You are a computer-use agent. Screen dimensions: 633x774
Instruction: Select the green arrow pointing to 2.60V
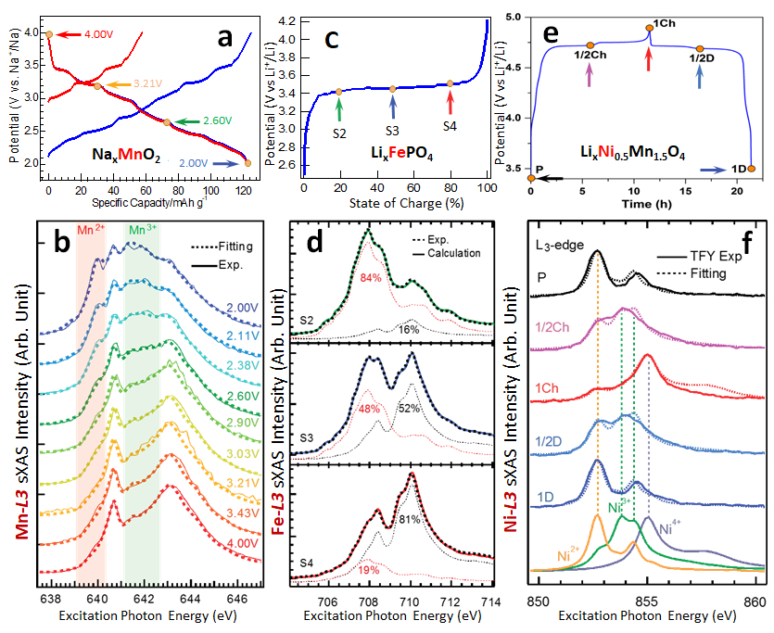tap(189, 120)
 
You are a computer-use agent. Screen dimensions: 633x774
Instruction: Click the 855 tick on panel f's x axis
tap(647, 601)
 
